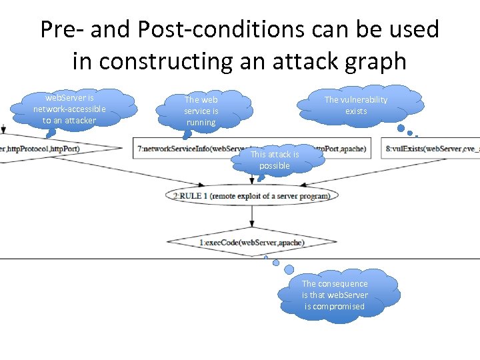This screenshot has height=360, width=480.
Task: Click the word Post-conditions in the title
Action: [x=183, y=30]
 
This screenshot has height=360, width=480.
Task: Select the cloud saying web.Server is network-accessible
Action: [x=69, y=109]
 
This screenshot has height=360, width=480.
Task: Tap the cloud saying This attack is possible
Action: [x=275, y=160]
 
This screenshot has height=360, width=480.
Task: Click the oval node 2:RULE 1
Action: [x=252, y=195]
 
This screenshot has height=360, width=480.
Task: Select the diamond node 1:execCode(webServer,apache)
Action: [x=252, y=243]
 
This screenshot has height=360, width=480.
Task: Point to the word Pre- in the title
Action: [x=61, y=30]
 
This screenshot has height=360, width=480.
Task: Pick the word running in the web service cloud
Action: [x=201, y=123]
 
